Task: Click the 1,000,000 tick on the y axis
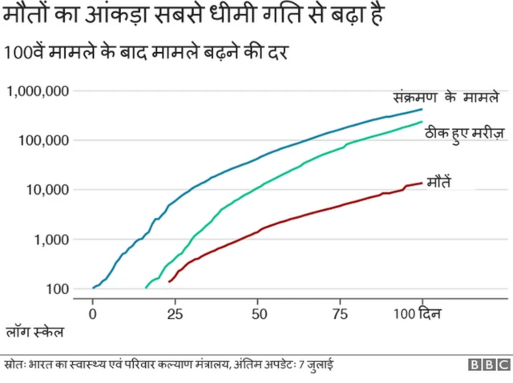[x=37, y=91]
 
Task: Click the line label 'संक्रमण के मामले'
[x=446, y=96]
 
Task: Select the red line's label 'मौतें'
[x=438, y=180]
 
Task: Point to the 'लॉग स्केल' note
[x=34, y=330]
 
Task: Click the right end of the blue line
[x=422, y=109]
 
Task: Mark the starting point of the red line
[x=169, y=281]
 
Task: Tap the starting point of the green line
[x=146, y=287]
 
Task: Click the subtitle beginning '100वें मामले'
[x=147, y=54]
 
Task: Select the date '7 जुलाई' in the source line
[x=317, y=365]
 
